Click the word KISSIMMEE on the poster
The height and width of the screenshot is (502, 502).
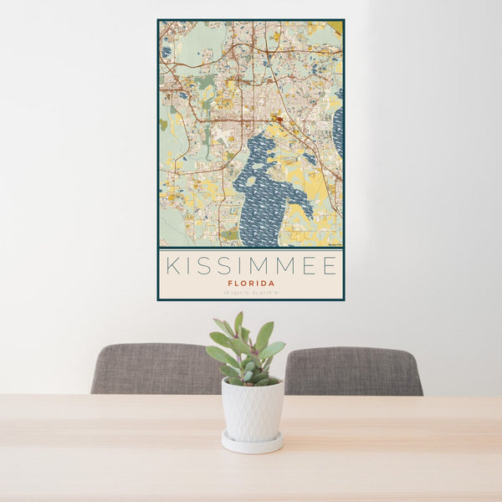tap(251, 266)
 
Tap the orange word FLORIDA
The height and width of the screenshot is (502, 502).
tap(250, 283)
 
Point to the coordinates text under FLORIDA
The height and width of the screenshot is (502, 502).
tap(250, 293)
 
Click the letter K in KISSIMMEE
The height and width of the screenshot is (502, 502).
tap(172, 266)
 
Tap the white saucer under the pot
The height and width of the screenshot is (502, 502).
tap(252, 443)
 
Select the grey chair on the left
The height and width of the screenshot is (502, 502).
tap(155, 369)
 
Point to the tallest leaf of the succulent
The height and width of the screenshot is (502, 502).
tap(238, 321)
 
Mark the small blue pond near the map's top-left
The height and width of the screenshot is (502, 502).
tap(166, 52)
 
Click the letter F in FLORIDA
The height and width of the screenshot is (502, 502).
tap(229, 283)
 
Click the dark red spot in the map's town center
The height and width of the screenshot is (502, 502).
tap(282, 125)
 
